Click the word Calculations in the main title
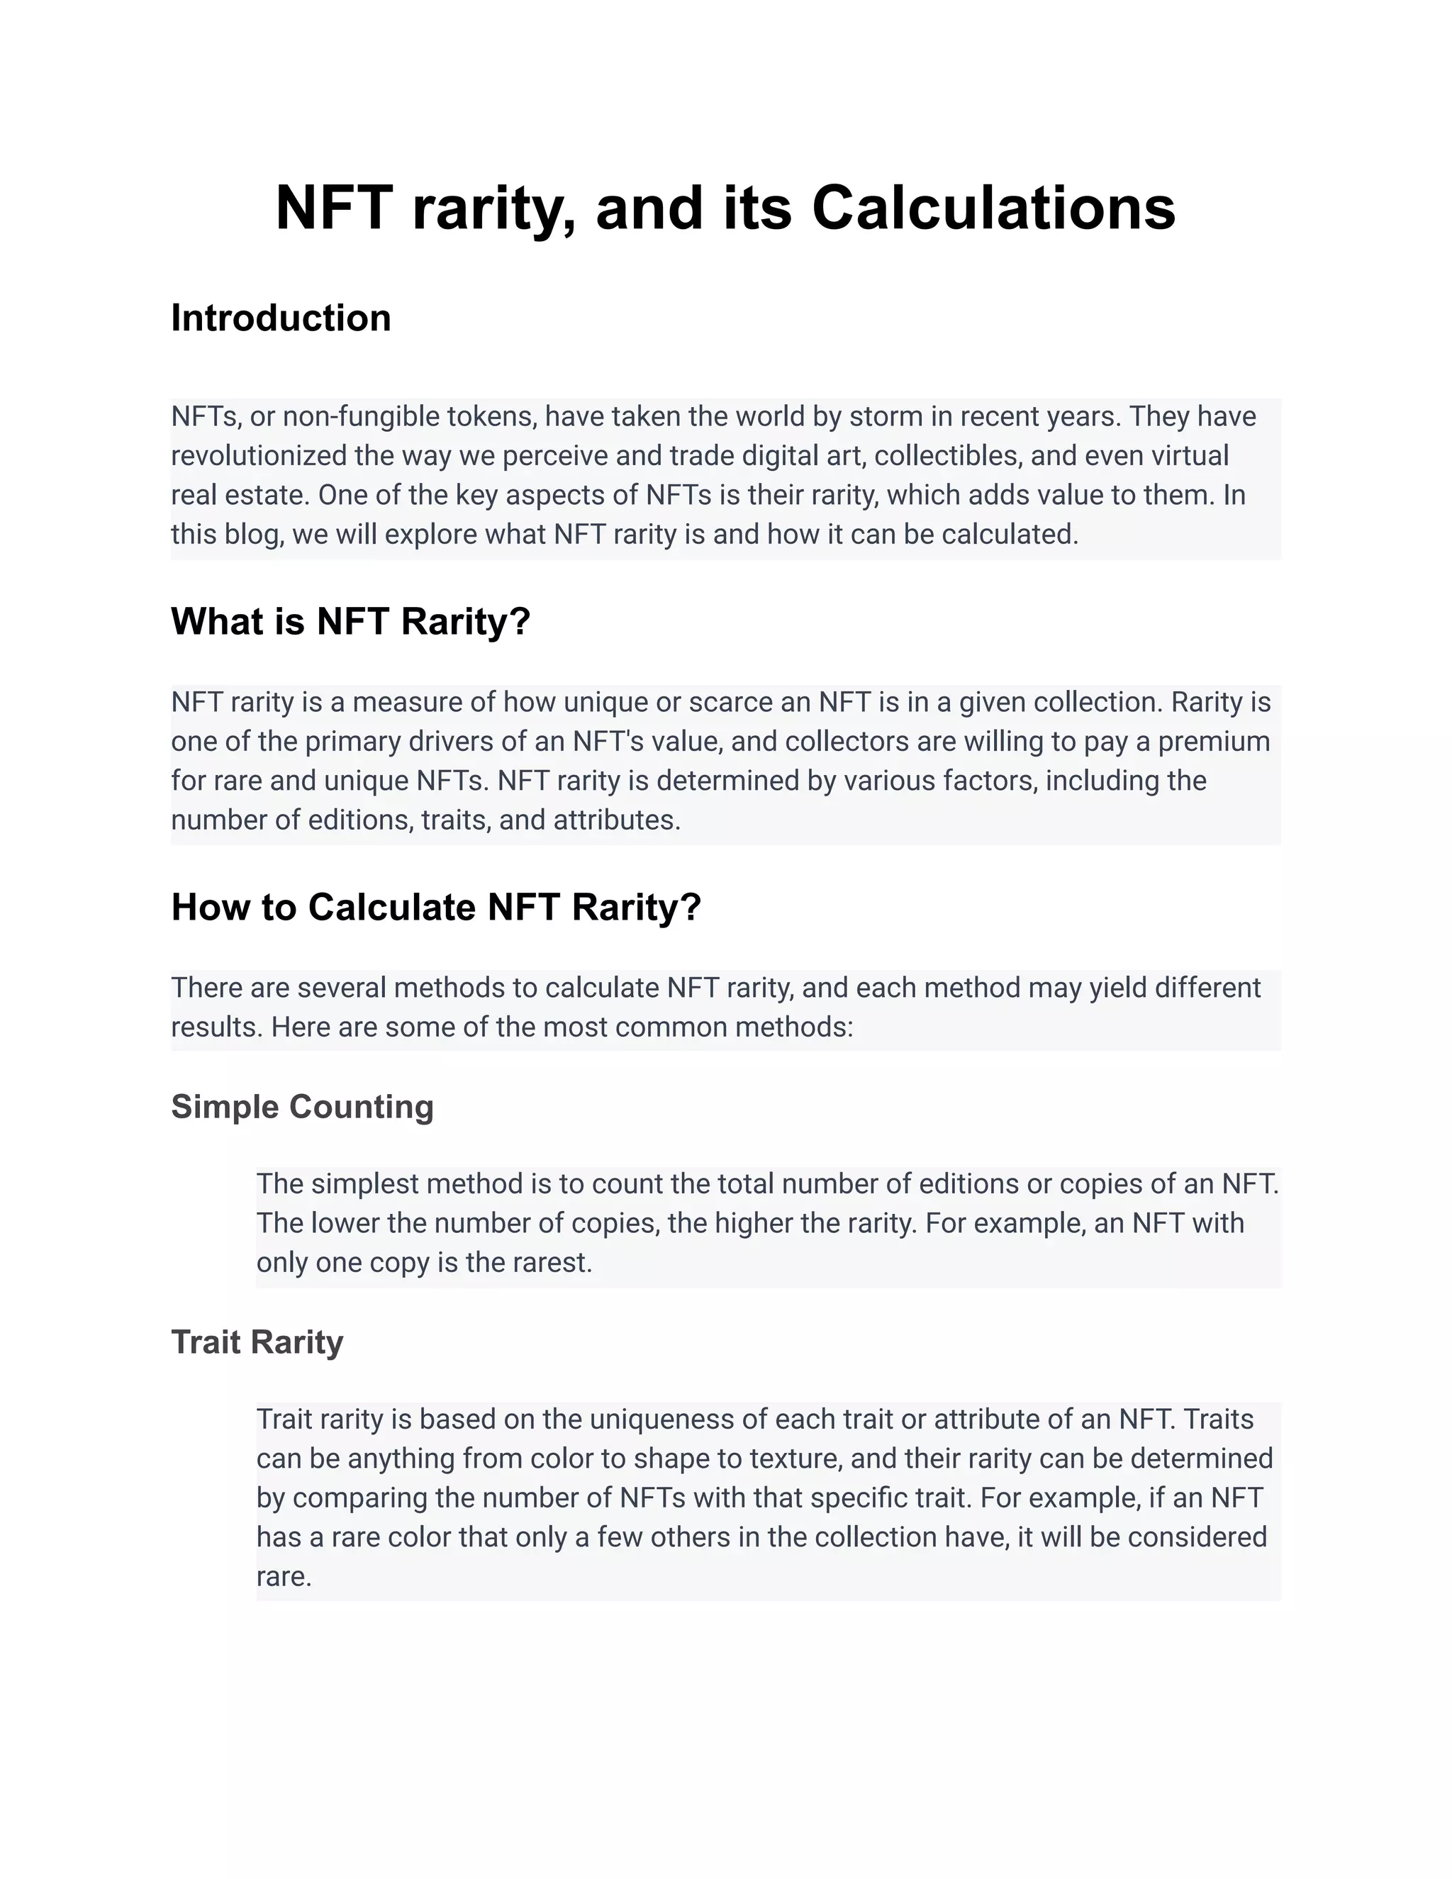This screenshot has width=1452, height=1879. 993,208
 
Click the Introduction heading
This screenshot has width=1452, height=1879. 281,318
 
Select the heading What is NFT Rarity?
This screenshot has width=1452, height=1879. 350,621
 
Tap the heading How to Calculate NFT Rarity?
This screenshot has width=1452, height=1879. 436,907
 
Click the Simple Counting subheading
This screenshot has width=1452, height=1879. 302,1106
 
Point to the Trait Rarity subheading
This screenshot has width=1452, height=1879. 257,1342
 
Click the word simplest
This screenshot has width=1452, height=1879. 364,1184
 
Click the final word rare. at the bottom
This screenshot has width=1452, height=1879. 283,1576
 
